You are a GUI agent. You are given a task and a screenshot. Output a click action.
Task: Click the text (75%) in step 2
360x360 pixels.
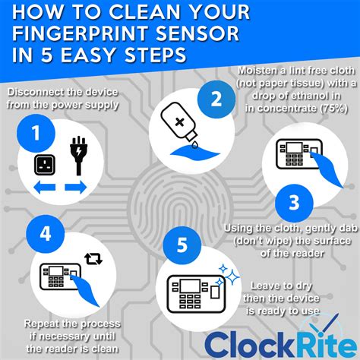[x=329, y=109]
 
